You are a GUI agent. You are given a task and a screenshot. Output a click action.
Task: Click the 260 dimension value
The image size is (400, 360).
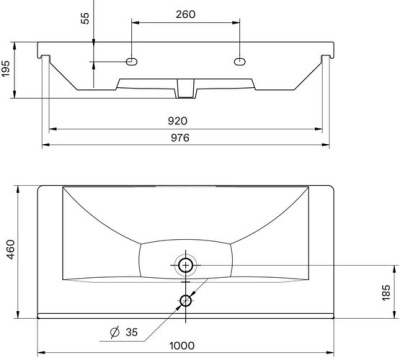click(x=186, y=14)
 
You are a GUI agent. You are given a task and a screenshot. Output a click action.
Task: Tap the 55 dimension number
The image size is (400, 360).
click(x=85, y=18)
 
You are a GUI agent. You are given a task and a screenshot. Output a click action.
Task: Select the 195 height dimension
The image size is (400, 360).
click(x=7, y=69)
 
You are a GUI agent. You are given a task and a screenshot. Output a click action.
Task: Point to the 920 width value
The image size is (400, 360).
click(x=178, y=121)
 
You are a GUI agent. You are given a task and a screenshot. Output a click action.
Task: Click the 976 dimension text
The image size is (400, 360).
click(x=180, y=137)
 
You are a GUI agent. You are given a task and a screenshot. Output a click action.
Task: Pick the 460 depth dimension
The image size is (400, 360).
click(x=11, y=249)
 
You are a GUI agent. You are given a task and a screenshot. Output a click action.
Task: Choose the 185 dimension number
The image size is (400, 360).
click(x=386, y=293)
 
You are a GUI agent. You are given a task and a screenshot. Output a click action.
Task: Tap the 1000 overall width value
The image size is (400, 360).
click(x=182, y=346)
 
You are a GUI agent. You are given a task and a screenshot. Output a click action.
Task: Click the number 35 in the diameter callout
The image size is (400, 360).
click(x=132, y=332)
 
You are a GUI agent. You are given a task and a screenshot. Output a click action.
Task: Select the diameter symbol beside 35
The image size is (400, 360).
click(x=115, y=332)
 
